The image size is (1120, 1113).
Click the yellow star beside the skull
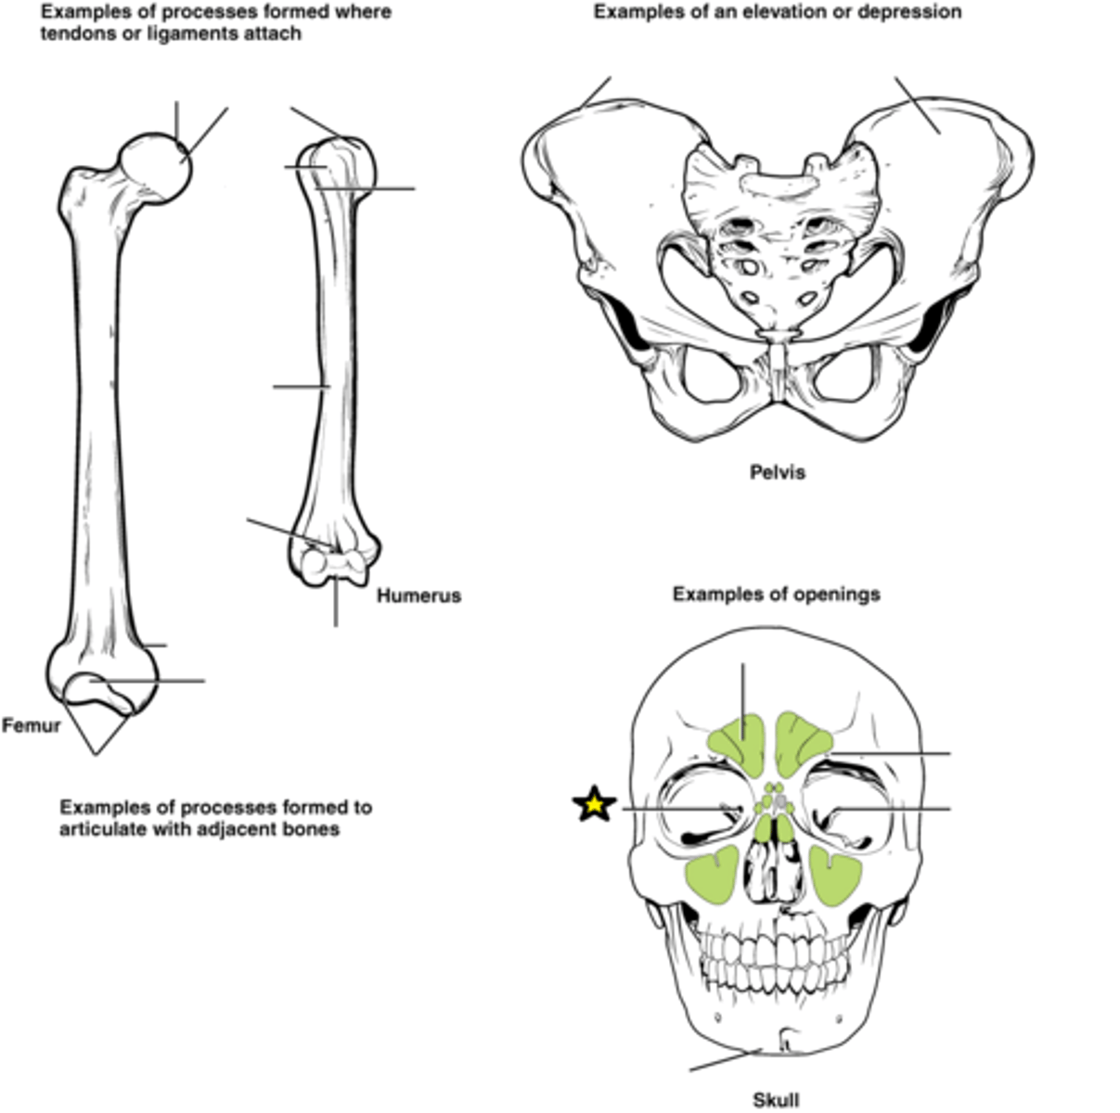594,804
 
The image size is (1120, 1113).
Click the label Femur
32,726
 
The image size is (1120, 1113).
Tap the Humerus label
419,595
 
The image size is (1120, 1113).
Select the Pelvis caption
778,472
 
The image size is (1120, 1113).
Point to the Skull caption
776,1100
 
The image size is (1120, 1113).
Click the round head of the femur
155,169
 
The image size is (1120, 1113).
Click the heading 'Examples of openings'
777,595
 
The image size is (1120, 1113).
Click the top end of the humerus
338,152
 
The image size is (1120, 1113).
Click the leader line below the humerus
335,602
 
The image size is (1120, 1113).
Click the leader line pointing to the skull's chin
726,1059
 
